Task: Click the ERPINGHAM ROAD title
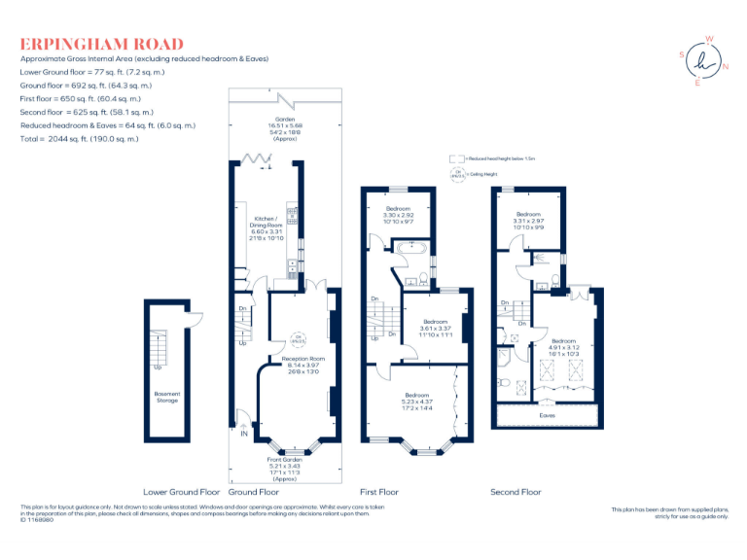(101, 44)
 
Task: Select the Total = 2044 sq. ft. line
(80, 139)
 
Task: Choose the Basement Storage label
(167, 397)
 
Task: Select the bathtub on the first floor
(409, 249)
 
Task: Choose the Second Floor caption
(516, 492)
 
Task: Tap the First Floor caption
(379, 492)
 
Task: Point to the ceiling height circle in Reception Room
(300, 339)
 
